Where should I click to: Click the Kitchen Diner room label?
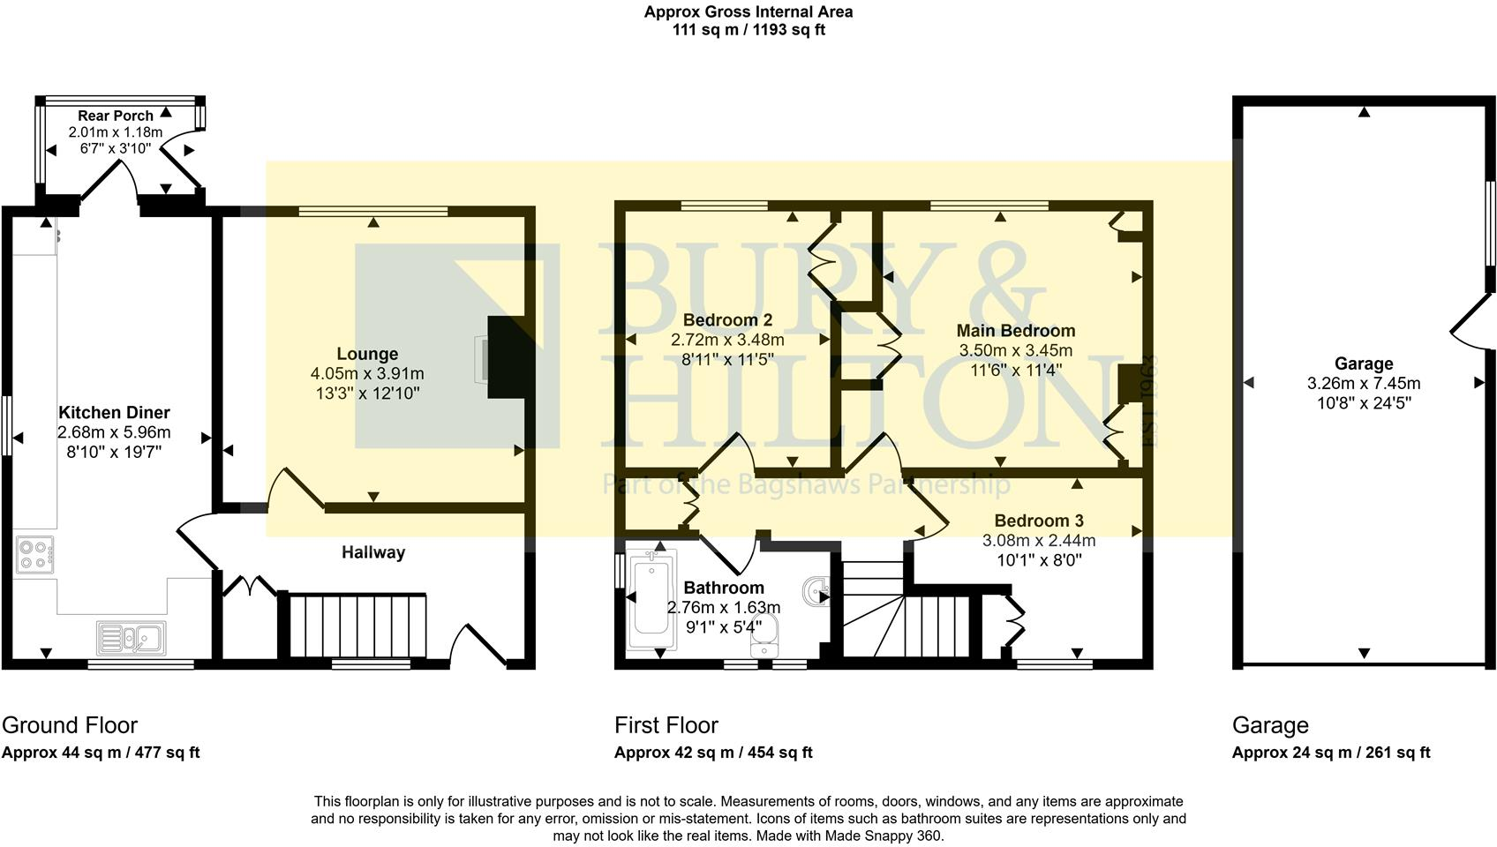pos(114,412)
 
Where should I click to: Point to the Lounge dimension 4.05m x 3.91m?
pos(367,374)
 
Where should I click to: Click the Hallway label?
pos(373,552)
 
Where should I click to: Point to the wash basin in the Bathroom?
pos(817,589)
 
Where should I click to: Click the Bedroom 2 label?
pos(727,320)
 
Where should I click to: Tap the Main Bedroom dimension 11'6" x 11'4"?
pos(1016,370)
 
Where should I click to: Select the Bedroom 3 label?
pos(1039,521)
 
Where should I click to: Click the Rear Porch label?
pos(116,116)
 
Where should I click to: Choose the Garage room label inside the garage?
pos(1364,364)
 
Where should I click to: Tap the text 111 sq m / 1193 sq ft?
pos(748,29)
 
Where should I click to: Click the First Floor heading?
pos(666,725)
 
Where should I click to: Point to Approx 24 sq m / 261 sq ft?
pos(1331,753)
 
